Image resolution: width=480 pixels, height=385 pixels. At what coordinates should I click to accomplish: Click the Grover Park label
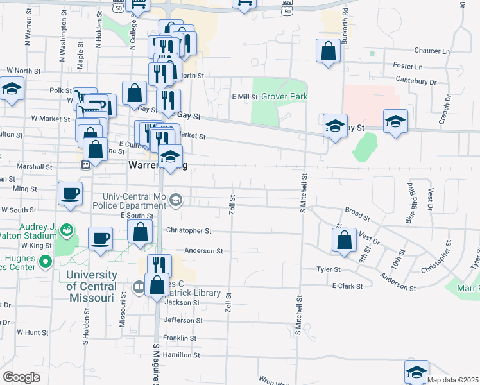pos(284,97)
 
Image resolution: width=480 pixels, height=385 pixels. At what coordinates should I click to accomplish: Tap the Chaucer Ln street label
pos(433,51)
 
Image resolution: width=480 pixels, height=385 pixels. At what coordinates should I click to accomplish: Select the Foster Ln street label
pos(408,66)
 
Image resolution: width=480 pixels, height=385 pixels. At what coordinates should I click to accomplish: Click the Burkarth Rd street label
pos(345,20)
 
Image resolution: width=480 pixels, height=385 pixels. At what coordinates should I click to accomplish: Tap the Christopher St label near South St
pos(189,230)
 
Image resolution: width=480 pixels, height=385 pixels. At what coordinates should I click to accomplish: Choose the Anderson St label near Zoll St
pos(203,252)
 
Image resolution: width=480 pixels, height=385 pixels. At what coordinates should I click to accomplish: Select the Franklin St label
pos(179,338)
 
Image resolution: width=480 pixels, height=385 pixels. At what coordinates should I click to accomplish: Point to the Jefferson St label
pos(183,320)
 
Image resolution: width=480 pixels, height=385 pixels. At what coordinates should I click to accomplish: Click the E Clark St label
pos(347,286)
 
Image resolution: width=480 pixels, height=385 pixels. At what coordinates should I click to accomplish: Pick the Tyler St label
pos(327,269)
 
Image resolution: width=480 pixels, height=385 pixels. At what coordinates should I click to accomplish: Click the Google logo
pos(21,377)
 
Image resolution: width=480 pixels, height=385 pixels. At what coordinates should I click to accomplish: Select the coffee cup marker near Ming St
pos(70,193)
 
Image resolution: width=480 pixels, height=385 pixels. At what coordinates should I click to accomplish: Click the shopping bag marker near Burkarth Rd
pos(328,51)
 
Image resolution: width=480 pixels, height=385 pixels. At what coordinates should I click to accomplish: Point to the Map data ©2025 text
pos(453,380)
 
